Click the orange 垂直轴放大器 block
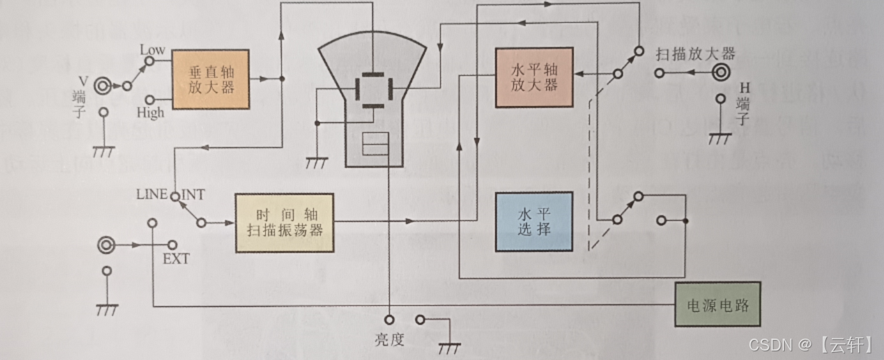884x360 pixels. pyautogui.click(x=211, y=79)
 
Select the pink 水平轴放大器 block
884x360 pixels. pyautogui.click(x=534, y=77)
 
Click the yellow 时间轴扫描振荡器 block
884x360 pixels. pyautogui.click(x=284, y=223)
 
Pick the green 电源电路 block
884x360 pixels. pyautogui.click(x=717, y=304)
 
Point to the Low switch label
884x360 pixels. pyautogui.click(x=153, y=49)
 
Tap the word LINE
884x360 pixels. pyautogui.click(x=152, y=195)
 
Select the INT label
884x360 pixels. pyautogui.click(x=193, y=195)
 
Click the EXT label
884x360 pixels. pyautogui.click(x=176, y=259)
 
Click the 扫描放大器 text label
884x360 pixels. pyautogui.click(x=695, y=53)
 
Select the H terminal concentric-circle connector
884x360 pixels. pyautogui.click(x=721, y=72)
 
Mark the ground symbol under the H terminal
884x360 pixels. pyautogui.click(x=721, y=139)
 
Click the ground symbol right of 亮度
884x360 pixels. pyautogui.click(x=450, y=347)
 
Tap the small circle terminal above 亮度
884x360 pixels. pyautogui.click(x=389, y=320)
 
